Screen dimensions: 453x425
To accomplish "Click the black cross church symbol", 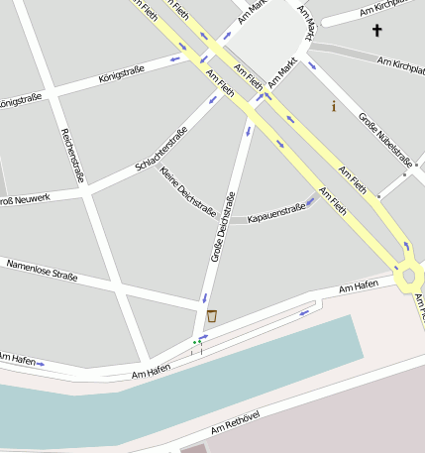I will pyautogui.click(x=376, y=31).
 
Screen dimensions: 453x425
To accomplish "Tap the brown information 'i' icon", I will pyautogui.click(x=334, y=106).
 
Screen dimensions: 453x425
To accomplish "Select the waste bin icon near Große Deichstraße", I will pyautogui.click(x=211, y=316).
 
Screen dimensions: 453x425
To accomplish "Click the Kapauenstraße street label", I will pyautogui.click(x=276, y=213).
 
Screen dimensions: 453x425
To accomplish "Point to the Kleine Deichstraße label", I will pyautogui.click(x=187, y=191).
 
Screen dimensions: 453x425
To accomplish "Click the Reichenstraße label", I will pyautogui.click(x=72, y=155).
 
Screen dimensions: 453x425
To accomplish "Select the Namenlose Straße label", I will pyautogui.click(x=42, y=269).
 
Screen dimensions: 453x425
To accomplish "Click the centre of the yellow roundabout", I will pyautogui.click(x=409, y=275).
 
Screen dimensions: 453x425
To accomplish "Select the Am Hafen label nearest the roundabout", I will pyautogui.click(x=359, y=287).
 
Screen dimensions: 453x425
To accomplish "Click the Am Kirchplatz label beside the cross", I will pyautogui.click(x=393, y=10).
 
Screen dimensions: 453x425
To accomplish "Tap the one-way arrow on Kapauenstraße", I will pyautogui.click(x=311, y=201).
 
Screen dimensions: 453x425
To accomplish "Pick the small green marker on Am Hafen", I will pyautogui.click(x=196, y=343).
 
